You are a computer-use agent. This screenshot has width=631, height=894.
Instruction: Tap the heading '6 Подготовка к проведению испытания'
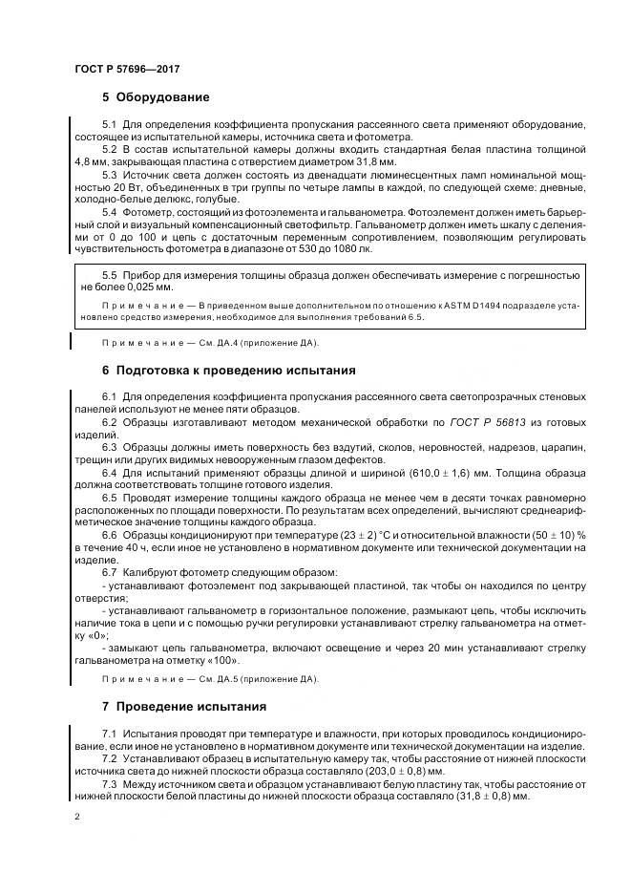(x=228, y=371)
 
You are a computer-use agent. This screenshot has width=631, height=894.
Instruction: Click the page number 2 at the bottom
(x=75, y=818)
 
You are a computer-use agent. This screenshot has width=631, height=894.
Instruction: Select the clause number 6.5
(x=109, y=496)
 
